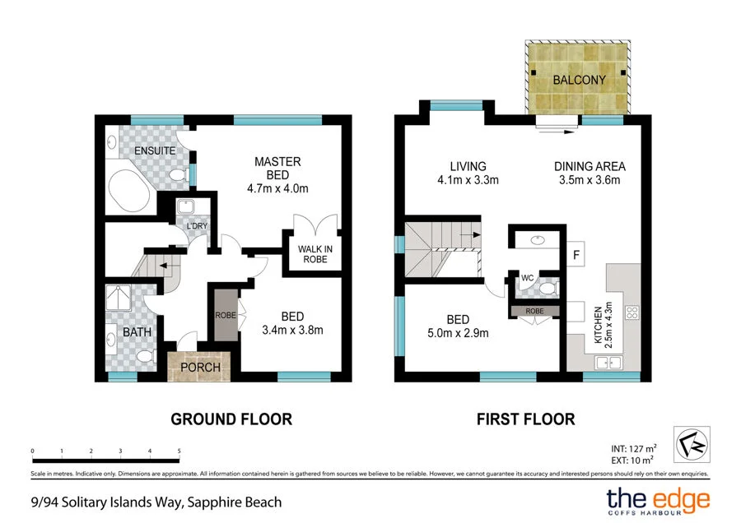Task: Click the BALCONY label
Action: tap(579, 80)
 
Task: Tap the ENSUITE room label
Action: tap(155, 150)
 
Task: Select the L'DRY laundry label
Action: tap(196, 226)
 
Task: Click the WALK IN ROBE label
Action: tap(314, 253)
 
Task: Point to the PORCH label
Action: tap(201, 367)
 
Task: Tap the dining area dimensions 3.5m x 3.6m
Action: tap(586, 180)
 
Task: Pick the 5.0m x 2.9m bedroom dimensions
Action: tap(458, 333)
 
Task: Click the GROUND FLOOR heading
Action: tap(231, 419)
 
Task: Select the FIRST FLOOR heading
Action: tap(525, 419)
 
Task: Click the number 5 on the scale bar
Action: tap(179, 451)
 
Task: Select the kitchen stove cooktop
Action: tap(632, 312)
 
